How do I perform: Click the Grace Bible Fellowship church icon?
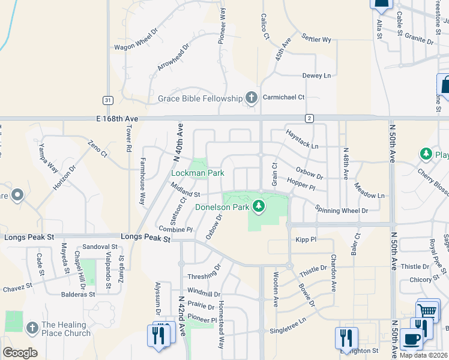click(x=252, y=98)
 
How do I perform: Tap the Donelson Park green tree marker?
click(x=259, y=207)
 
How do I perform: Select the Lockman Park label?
click(x=197, y=173)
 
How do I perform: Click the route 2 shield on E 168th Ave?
click(x=309, y=118)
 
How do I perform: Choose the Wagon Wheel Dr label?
click(x=136, y=40)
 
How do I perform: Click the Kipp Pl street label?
click(x=306, y=239)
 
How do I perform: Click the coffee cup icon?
click(x=412, y=339)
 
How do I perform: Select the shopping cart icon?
click(x=427, y=310)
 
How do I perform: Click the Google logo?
click(x=20, y=353)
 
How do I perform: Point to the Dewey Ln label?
click(x=316, y=76)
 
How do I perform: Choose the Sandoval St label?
click(x=100, y=247)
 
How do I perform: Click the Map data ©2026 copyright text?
click(x=423, y=355)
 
